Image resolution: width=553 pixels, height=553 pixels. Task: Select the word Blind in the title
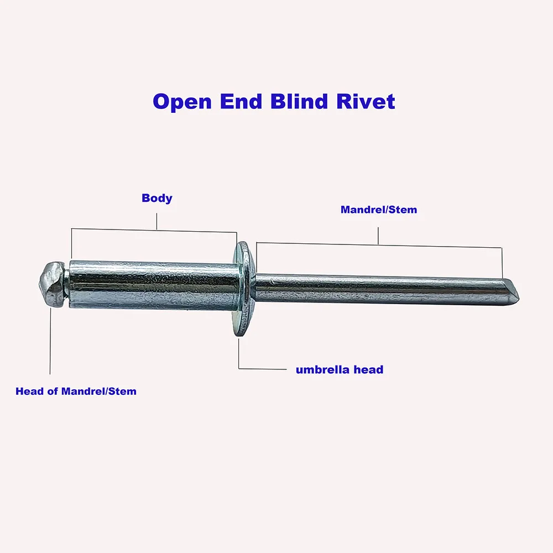[304, 102]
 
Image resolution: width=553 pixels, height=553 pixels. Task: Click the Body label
[157, 198]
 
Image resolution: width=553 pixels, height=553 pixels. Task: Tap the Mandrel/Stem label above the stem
[379, 210]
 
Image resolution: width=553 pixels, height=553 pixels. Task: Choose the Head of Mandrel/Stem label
[76, 391]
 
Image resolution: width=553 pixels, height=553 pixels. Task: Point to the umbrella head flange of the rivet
[242, 288]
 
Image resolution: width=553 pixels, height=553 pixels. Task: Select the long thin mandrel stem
[382, 289]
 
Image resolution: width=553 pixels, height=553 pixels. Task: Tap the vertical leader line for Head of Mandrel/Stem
[50, 343]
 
